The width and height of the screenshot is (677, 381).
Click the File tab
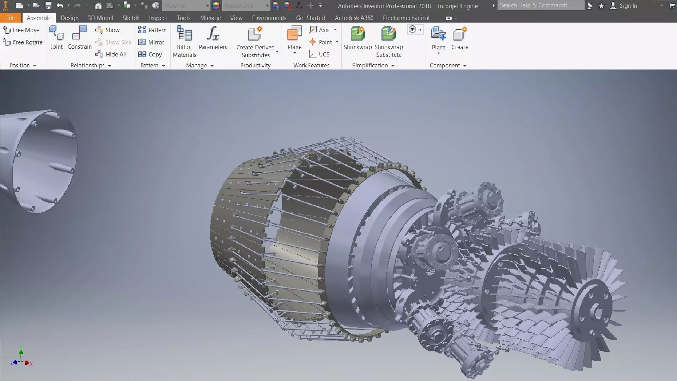11,18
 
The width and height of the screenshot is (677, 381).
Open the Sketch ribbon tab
131,18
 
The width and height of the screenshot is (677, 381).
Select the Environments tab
269,18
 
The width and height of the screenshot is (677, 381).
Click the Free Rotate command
23,42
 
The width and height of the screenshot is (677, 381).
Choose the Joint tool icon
56,34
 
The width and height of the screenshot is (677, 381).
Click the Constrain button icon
79,34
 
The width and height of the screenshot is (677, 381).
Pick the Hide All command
111,54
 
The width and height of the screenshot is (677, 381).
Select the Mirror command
152,42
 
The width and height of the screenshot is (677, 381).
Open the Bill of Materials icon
184,34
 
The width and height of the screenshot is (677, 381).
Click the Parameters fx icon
213,34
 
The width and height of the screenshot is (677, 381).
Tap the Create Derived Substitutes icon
255,34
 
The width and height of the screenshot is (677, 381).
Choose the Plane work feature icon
294,34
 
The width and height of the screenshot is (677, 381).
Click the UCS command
319,54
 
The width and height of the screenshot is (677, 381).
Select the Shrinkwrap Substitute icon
389,34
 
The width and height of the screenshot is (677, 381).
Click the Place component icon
438,34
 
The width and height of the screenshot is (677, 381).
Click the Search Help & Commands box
540,6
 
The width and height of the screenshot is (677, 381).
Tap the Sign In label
628,6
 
